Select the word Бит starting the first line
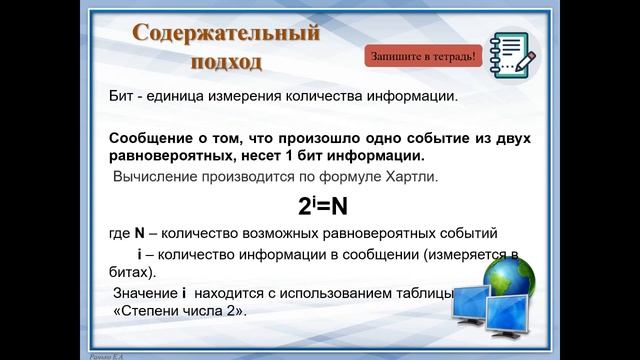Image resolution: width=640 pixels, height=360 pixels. point(121,98)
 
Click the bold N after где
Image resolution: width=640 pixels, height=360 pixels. point(140,234)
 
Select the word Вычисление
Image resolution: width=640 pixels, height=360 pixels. point(156,178)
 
